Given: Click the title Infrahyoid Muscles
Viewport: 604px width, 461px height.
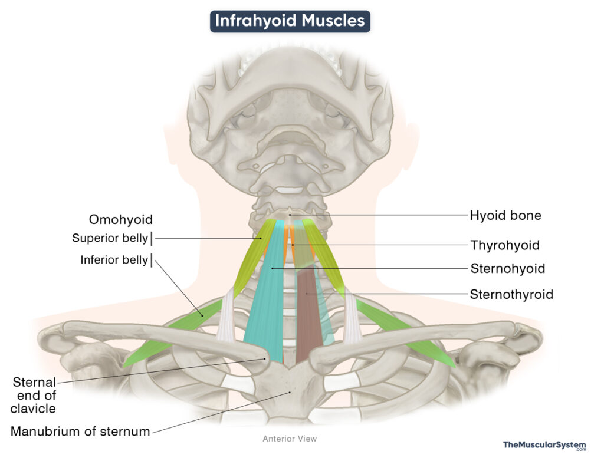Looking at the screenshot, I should [290, 21].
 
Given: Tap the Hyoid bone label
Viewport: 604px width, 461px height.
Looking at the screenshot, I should [505, 216].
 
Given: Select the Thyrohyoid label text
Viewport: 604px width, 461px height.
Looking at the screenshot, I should [504, 245].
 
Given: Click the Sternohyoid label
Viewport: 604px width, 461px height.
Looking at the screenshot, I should [507, 269].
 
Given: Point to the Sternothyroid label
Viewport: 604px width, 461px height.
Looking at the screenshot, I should [511, 294].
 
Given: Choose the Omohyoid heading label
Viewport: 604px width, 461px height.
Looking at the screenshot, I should [121, 220].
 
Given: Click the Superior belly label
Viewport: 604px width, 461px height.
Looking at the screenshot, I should [110, 239].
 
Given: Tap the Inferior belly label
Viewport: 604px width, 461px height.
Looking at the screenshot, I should [114, 260].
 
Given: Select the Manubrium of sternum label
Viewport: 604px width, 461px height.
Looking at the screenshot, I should [80, 432].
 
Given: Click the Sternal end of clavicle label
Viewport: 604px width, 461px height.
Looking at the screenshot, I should [34, 396].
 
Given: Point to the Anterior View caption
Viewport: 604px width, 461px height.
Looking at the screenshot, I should [290, 439].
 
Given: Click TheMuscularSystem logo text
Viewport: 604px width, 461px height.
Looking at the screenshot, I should [544, 445].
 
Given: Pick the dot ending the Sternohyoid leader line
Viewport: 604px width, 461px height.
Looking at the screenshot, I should [272, 269].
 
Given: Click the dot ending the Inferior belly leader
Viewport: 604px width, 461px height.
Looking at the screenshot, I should [202, 315].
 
